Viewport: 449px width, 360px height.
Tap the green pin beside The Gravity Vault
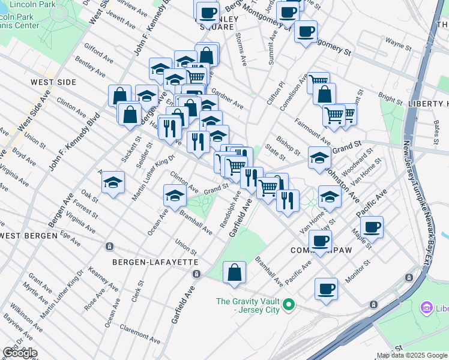click(x=289, y=305)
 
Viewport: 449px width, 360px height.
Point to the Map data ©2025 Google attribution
click(x=412, y=355)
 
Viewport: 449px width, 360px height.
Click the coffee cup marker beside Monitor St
click(x=326, y=289)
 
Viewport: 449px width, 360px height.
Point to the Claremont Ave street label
click(x=140, y=332)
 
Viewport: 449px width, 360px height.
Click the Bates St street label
click(x=436, y=128)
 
